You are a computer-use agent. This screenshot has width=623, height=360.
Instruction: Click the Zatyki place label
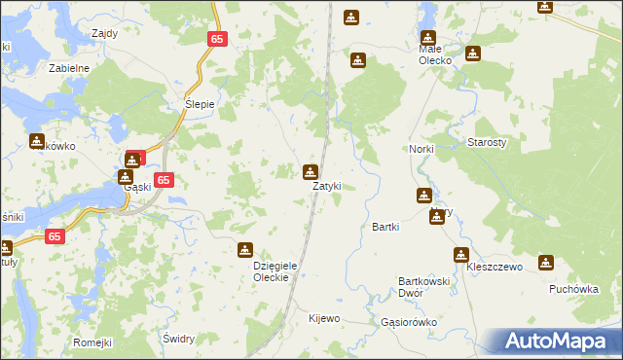click(x=326, y=186)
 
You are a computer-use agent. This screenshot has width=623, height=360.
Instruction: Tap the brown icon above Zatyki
click(x=311, y=173)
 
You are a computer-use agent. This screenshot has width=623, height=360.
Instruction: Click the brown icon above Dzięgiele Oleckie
click(x=245, y=250)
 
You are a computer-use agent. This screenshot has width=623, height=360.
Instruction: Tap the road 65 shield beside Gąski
click(x=165, y=180)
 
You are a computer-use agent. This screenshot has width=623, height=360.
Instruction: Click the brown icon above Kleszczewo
click(x=460, y=255)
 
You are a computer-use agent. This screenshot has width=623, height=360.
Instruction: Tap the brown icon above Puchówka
click(x=546, y=263)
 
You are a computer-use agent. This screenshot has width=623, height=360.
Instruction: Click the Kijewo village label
click(x=324, y=318)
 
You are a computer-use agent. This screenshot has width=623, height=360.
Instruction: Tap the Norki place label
click(x=420, y=148)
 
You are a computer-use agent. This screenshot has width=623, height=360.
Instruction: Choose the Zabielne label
click(x=69, y=69)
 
